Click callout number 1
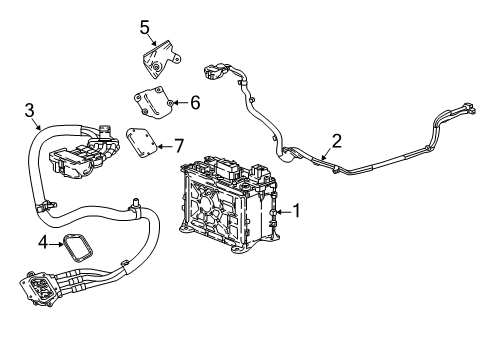coord(294,211)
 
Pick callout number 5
coord(144,26)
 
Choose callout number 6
coord(195,102)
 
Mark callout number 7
coord(179,145)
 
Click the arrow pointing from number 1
coord(281,211)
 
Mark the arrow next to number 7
coord(165,145)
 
